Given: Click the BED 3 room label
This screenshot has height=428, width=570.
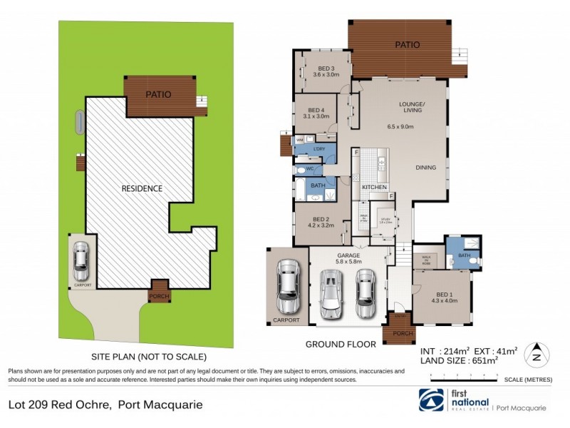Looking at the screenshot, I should pyautogui.click(x=327, y=69).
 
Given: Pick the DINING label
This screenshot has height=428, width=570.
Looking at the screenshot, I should pyautogui.click(x=426, y=168).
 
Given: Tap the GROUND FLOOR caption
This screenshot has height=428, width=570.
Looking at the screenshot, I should pyautogui.click(x=341, y=344).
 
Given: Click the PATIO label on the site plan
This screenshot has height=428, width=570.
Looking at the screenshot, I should pyautogui.click(x=160, y=93).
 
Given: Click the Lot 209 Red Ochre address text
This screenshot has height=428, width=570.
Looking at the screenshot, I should pyautogui.click(x=105, y=405).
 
